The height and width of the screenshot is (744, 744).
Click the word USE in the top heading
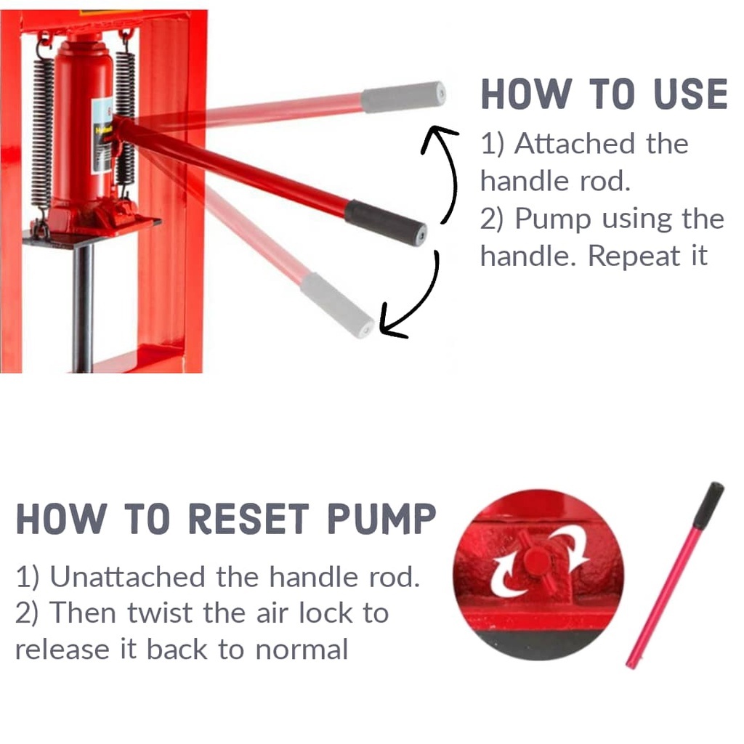[x=690, y=94]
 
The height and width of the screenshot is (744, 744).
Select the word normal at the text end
[x=302, y=650]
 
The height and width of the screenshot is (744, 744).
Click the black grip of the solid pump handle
[x=385, y=222]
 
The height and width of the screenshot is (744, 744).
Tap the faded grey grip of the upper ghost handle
[x=403, y=97]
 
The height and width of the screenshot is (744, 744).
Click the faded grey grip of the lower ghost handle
[x=337, y=305]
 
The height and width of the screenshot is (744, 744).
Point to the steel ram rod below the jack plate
[x=84, y=308]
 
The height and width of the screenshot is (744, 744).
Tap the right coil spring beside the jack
[x=125, y=118]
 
